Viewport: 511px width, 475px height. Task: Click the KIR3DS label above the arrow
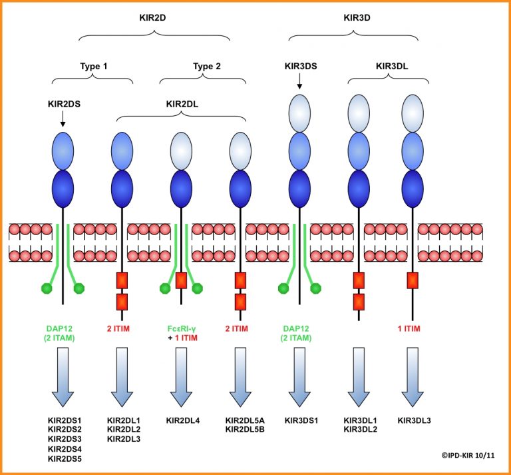(300, 66)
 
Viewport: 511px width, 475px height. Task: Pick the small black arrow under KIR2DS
(62, 119)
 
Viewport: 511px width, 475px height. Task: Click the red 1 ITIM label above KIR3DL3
(413, 328)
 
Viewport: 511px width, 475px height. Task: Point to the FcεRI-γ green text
(181, 328)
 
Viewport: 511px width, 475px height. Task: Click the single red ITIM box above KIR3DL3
(413, 280)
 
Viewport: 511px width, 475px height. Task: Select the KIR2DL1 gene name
(124, 420)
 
